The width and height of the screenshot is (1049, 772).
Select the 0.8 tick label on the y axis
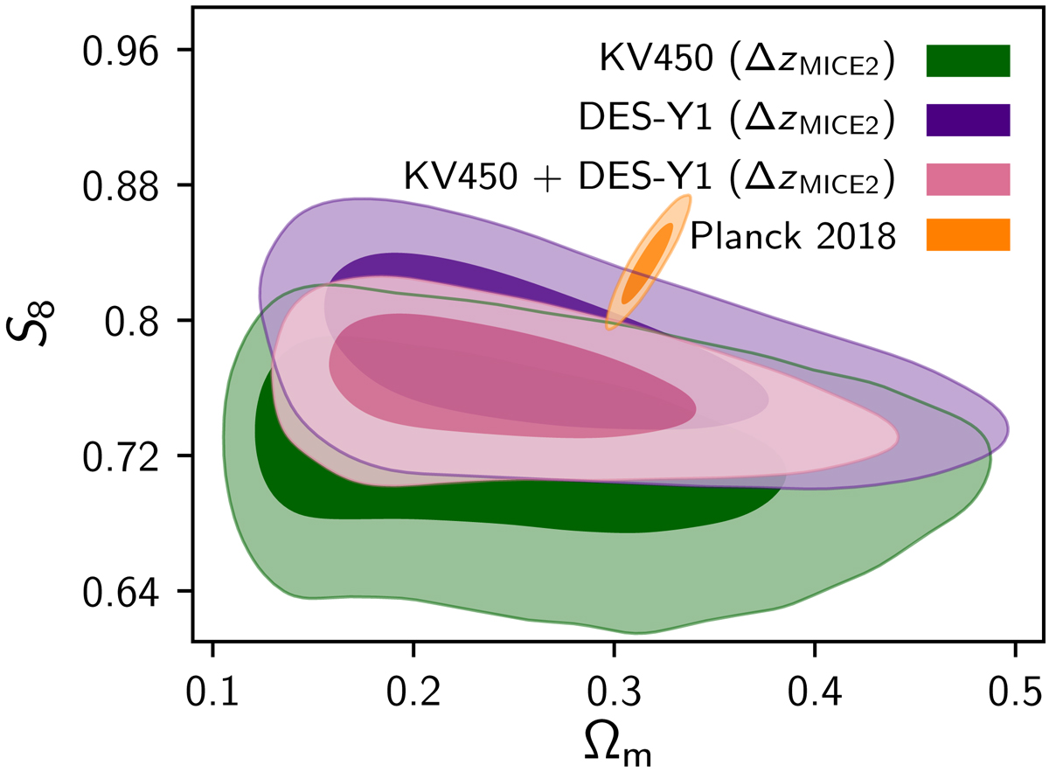[x=133, y=321]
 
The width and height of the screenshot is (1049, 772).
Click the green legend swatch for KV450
[x=969, y=61]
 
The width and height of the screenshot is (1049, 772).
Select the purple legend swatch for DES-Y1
[x=969, y=120]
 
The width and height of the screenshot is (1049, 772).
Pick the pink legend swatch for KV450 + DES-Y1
[x=969, y=178]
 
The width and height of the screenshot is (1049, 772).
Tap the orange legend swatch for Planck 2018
[x=969, y=236]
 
